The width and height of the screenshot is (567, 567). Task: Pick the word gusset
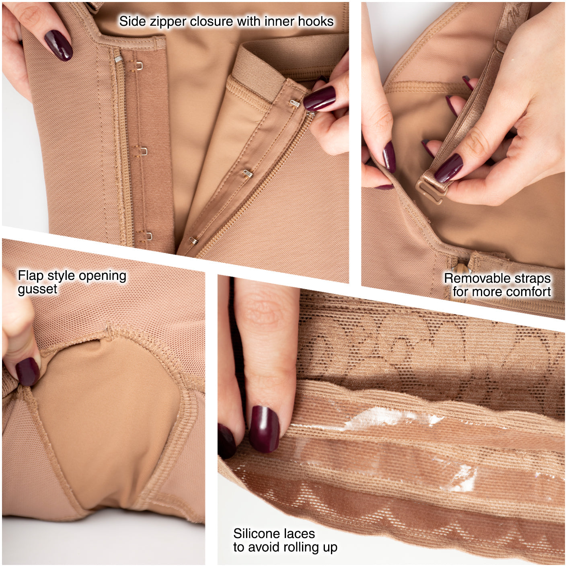[37, 290]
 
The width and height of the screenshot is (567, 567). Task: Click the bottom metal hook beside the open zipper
[193, 241]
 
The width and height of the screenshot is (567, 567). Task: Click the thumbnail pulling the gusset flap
[27, 372]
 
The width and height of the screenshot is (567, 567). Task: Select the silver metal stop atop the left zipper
[117, 59]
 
